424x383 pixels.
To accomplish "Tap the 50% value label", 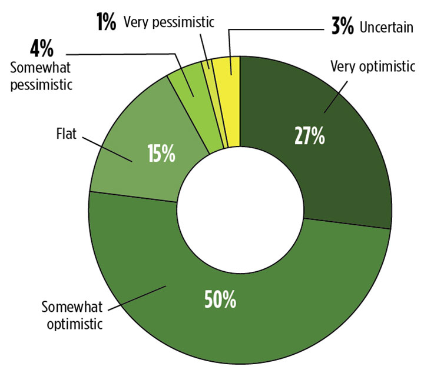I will (220, 300).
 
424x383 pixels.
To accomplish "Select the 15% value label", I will (160, 154).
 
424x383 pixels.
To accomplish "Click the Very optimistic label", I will (373, 66).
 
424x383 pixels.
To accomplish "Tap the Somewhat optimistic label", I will (72, 315).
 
